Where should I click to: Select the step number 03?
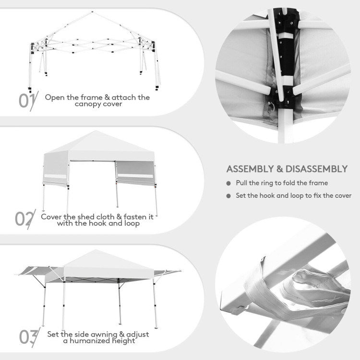click(27, 336)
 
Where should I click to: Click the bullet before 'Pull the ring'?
click(228, 183)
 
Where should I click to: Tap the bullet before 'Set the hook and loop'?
click(228, 196)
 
